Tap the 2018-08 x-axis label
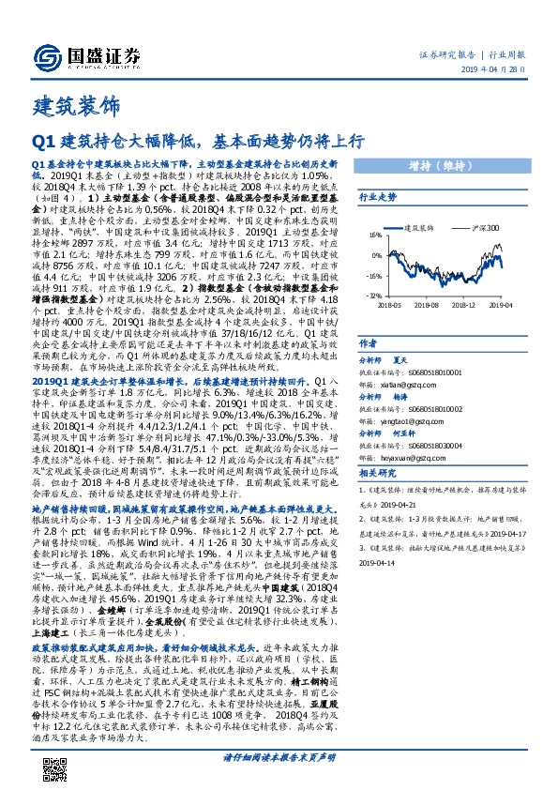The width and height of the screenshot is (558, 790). [x=427, y=305]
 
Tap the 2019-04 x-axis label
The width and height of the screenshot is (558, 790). [x=500, y=305]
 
